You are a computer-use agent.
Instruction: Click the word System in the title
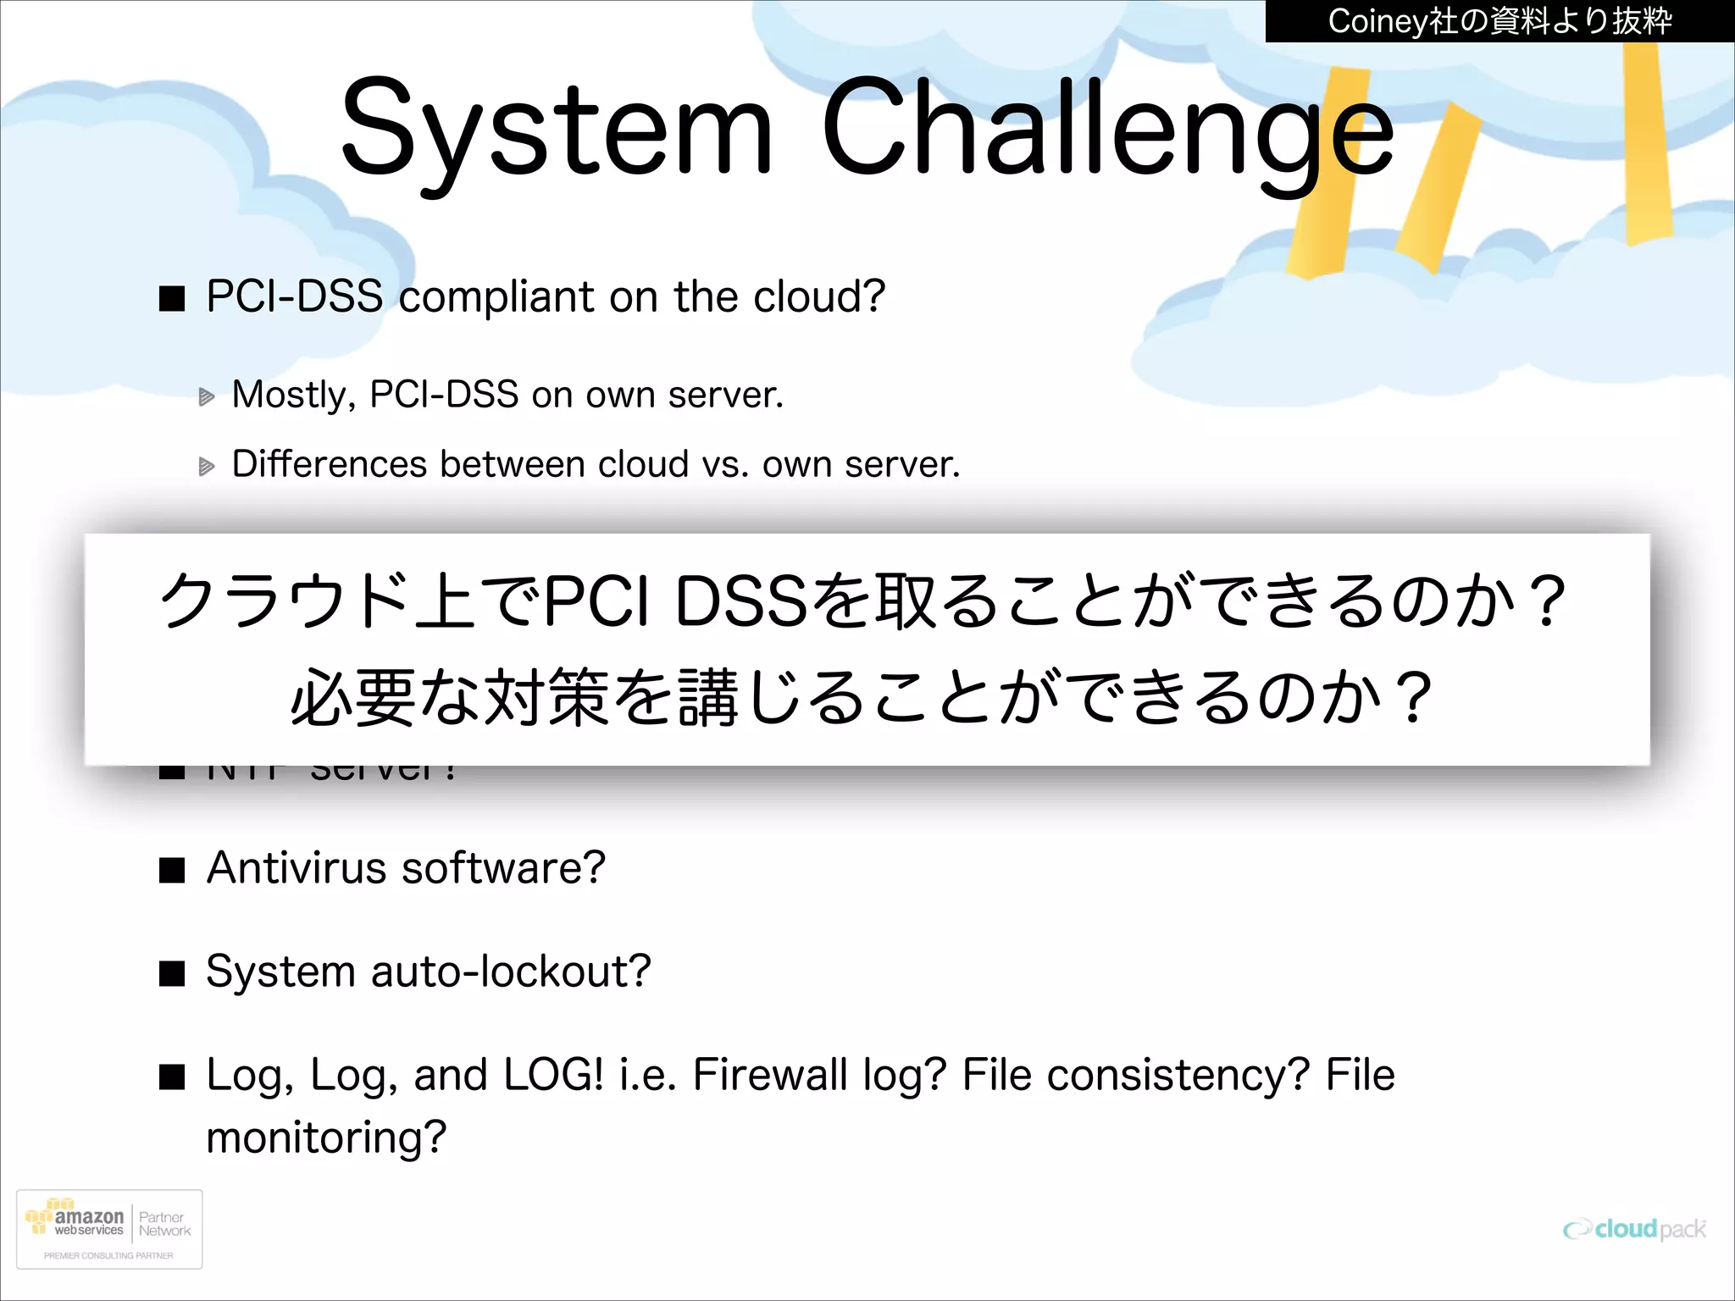coord(557,129)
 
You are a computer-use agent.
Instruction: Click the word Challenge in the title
coord(1107,129)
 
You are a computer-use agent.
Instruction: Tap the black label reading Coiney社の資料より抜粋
coord(1499,21)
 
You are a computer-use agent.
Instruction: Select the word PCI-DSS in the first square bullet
coord(294,296)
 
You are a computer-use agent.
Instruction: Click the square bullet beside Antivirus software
coord(173,871)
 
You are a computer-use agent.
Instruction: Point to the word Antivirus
coord(296,868)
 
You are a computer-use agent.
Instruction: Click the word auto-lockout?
coord(511,972)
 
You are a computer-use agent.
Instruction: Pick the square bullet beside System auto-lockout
coord(173,974)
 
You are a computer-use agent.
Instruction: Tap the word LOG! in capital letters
coord(553,1075)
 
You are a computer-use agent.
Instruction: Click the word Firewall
coord(769,1075)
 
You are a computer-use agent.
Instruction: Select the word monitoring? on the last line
coord(326,1138)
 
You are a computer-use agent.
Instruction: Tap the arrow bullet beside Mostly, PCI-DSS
coord(207,396)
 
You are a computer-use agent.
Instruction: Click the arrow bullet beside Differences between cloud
coord(207,466)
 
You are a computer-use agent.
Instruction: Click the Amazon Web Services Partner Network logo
coord(109,1229)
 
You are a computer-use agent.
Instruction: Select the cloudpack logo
coord(1634,1229)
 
